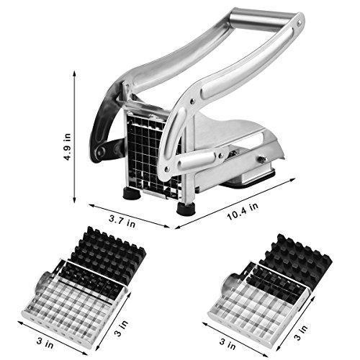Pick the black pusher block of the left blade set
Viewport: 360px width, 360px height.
click(108, 256)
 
